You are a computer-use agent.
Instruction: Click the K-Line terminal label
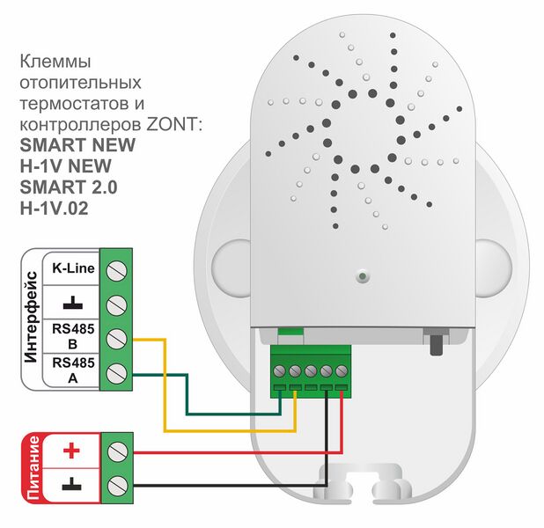pyautogui.click(x=73, y=268)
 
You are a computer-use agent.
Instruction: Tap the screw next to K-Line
pyautogui.click(x=116, y=271)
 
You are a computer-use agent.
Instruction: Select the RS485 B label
pyautogui.click(x=73, y=336)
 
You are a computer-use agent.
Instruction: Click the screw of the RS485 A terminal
pyautogui.click(x=116, y=373)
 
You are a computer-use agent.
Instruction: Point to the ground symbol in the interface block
pyautogui.click(x=73, y=303)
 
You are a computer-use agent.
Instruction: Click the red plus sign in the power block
pyautogui.click(x=72, y=451)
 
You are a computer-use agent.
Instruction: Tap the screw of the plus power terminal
pyautogui.click(x=117, y=451)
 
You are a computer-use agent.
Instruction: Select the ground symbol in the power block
pyautogui.click(x=72, y=484)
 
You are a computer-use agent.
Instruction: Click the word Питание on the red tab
pyautogui.click(x=33, y=468)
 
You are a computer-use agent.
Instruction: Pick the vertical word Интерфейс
pyautogui.click(x=31, y=317)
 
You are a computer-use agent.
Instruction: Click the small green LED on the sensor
pyautogui.click(x=363, y=276)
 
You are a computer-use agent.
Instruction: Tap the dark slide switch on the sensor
pyautogui.click(x=437, y=342)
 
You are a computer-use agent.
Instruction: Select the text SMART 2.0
pyautogui.click(x=69, y=187)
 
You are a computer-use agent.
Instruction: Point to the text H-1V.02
pyautogui.click(x=54, y=209)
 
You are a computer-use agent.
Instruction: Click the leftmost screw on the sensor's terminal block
pyautogui.click(x=279, y=371)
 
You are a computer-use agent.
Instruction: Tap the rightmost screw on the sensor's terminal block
pyautogui.click(x=342, y=371)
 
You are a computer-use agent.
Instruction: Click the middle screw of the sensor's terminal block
pyautogui.click(x=311, y=371)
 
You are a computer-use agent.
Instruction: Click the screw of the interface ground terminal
pyautogui.click(x=116, y=305)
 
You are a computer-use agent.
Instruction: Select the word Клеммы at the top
pyautogui.click(x=55, y=62)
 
